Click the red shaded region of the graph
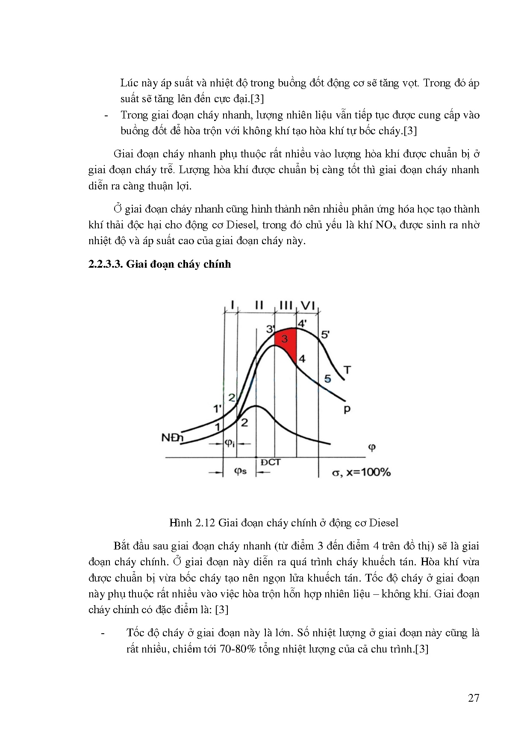tap(287, 342)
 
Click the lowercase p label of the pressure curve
tap(347, 409)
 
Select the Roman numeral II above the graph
tap(259, 305)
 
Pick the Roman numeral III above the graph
tap(286, 305)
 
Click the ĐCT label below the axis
tap(270, 462)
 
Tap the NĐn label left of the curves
tap(172, 438)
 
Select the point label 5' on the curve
tap(325, 334)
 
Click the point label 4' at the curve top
tap(302, 323)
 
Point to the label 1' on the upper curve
tap(218, 409)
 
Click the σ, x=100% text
tap(361, 472)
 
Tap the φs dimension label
tap(240, 472)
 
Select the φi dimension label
tap(230, 443)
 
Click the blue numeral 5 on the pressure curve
tap(327, 378)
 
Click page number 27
tap(474, 698)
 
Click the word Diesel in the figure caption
tap(383, 523)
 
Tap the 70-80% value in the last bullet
tap(238, 649)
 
